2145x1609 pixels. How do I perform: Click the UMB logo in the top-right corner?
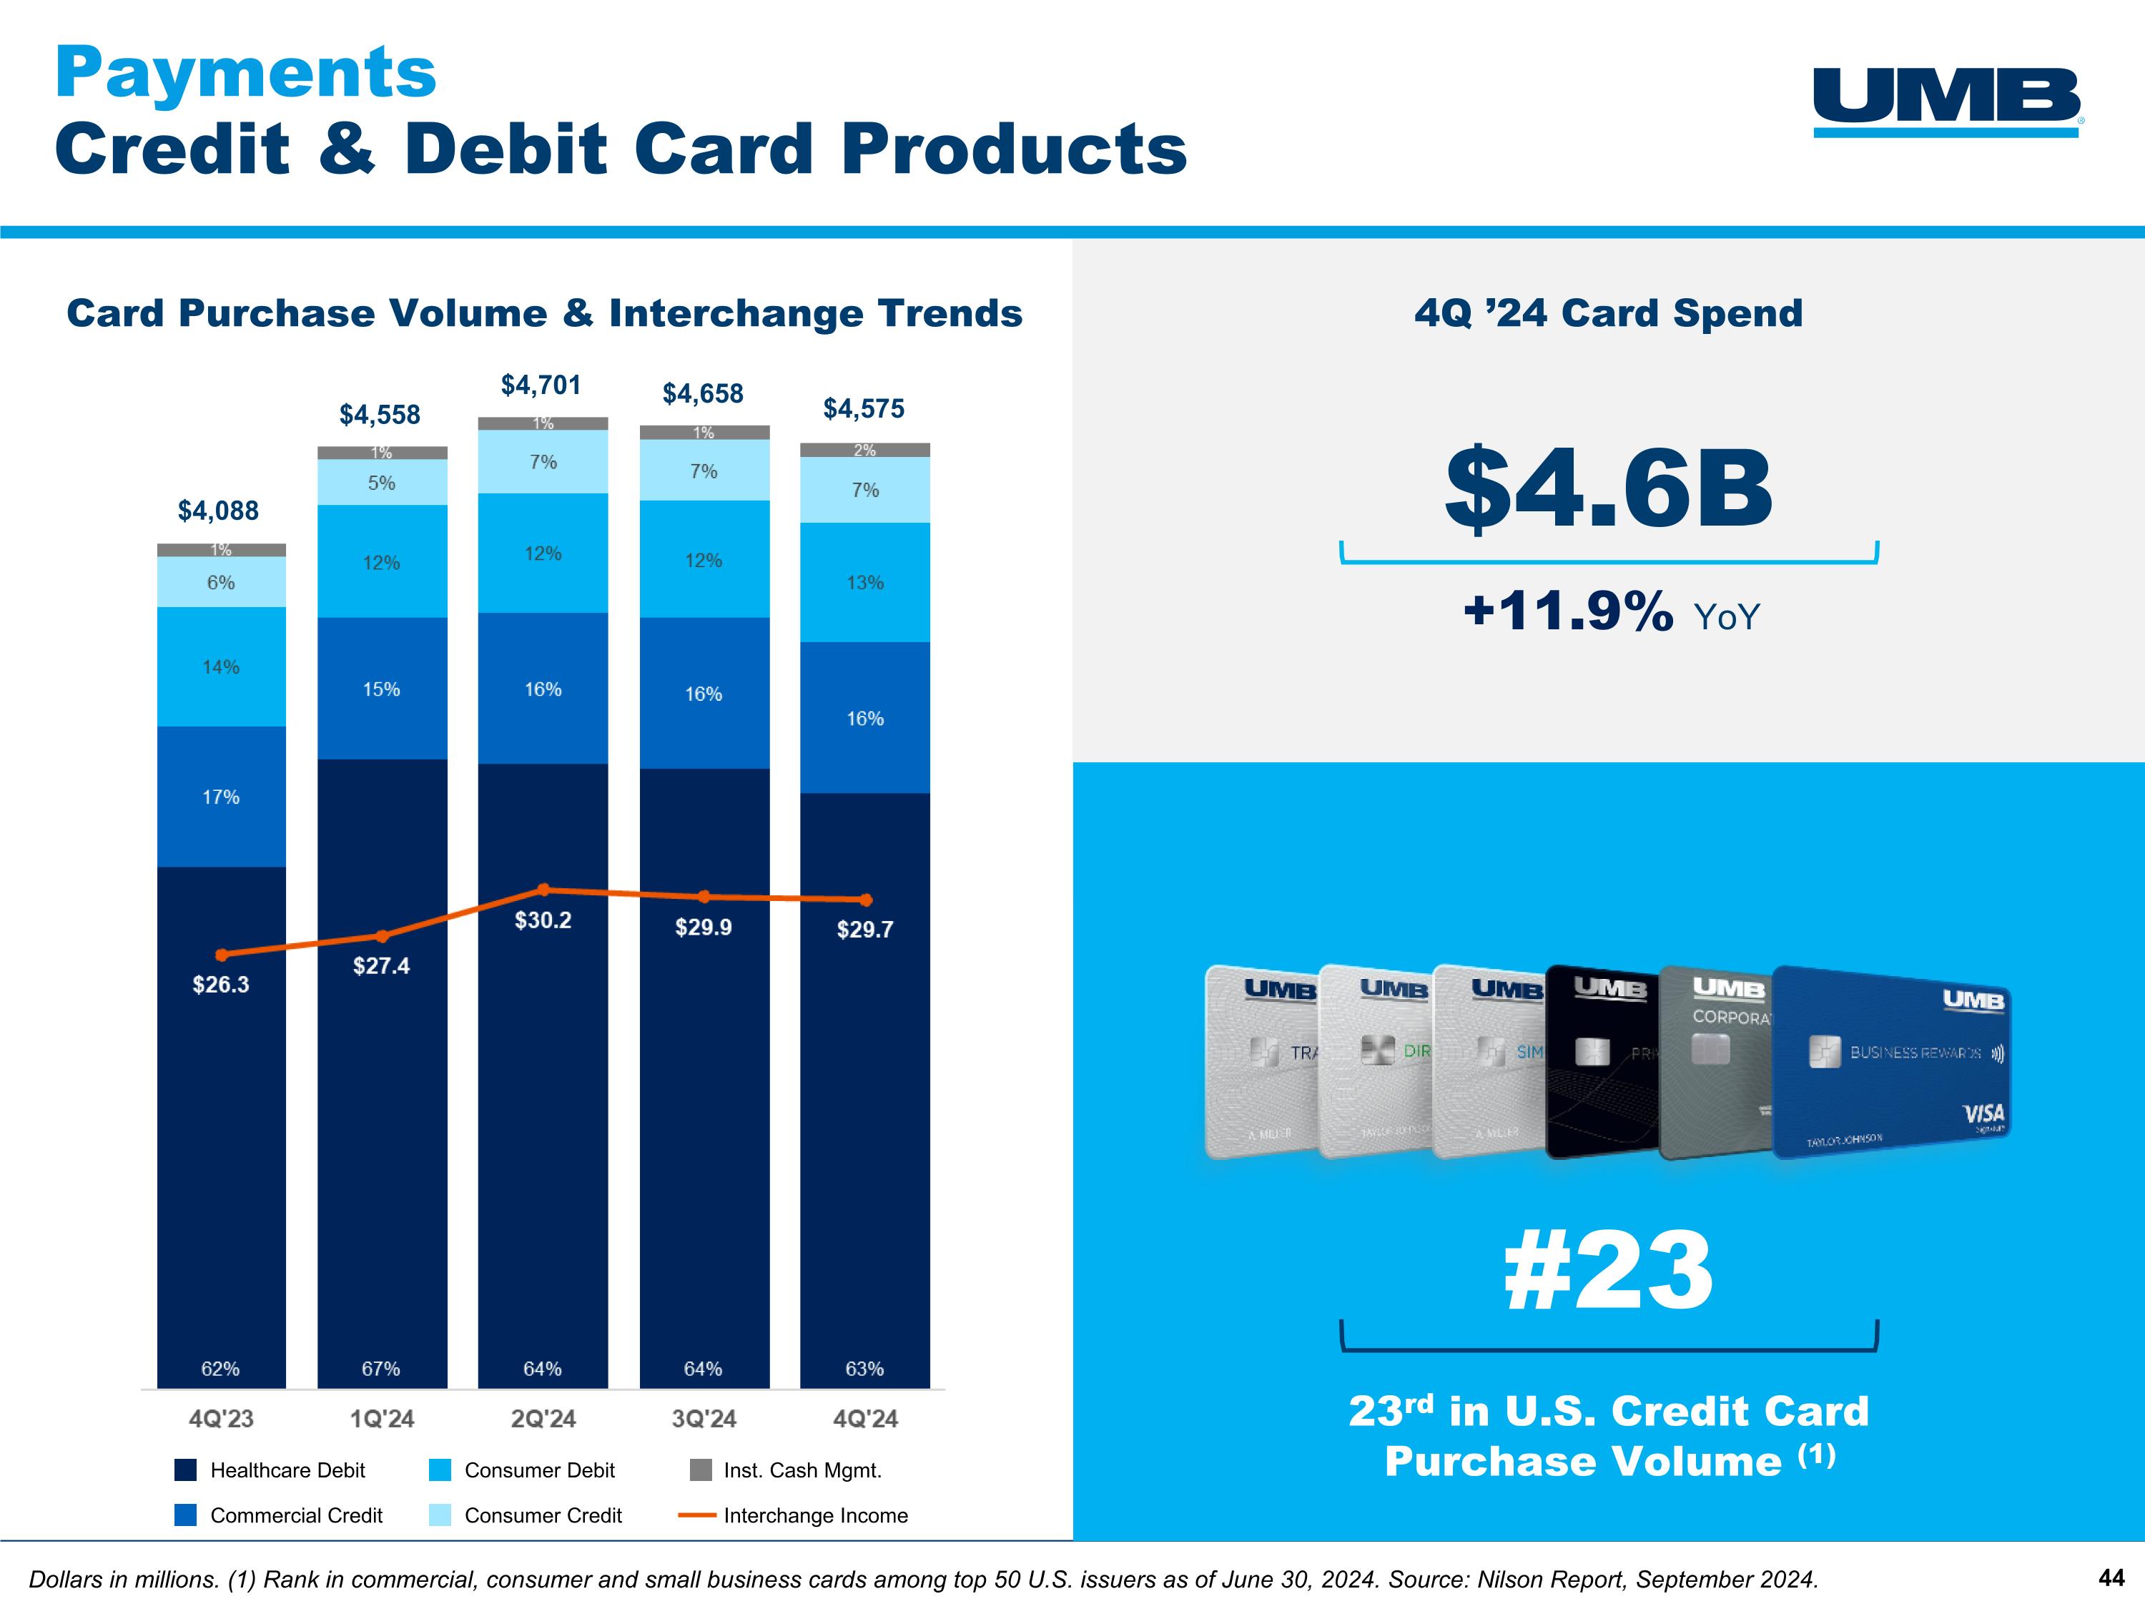point(1946,101)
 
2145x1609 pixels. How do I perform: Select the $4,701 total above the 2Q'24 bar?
point(541,385)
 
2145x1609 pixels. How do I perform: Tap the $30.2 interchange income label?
point(543,920)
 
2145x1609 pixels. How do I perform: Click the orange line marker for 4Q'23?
point(221,955)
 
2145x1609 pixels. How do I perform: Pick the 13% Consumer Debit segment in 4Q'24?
point(865,583)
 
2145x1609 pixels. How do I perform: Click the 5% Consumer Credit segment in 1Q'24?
point(382,483)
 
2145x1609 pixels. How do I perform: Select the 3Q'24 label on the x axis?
point(704,1419)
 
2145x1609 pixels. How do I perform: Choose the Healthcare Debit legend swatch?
point(185,1470)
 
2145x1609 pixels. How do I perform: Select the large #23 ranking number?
point(1608,1271)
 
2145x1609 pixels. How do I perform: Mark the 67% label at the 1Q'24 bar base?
point(381,1369)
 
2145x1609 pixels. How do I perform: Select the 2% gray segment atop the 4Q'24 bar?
point(865,450)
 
